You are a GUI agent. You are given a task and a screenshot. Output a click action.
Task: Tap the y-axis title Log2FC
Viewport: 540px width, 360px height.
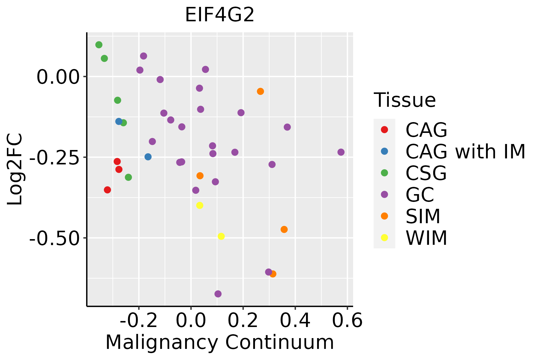15,169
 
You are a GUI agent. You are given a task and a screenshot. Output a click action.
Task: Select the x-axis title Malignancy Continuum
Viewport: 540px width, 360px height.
220,342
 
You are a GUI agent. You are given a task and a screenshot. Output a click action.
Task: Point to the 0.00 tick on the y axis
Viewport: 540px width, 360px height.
57,77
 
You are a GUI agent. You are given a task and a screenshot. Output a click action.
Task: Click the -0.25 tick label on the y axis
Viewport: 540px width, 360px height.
53,157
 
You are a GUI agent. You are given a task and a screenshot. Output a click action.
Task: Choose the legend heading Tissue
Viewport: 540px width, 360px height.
405,100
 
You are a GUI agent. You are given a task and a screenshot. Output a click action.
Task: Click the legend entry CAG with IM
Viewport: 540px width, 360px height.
465,151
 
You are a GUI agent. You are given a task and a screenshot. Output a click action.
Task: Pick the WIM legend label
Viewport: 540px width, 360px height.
426,238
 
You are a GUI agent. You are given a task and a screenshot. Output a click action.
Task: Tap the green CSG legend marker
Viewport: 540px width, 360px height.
384,173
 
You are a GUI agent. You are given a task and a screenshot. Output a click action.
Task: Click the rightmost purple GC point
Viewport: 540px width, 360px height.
341,152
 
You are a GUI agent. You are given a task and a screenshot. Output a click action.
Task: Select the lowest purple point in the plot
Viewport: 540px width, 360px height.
218,294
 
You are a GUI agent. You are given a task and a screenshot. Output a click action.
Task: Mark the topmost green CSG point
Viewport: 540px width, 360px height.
99,45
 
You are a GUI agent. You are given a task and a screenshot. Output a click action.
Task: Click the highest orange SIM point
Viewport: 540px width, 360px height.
260,91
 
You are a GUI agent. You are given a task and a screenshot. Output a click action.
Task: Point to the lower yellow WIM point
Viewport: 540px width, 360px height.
221,236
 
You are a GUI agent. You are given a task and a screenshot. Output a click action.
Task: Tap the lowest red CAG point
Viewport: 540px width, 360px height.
107,190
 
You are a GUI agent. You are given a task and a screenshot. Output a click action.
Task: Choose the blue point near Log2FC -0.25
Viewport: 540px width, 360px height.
148,157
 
